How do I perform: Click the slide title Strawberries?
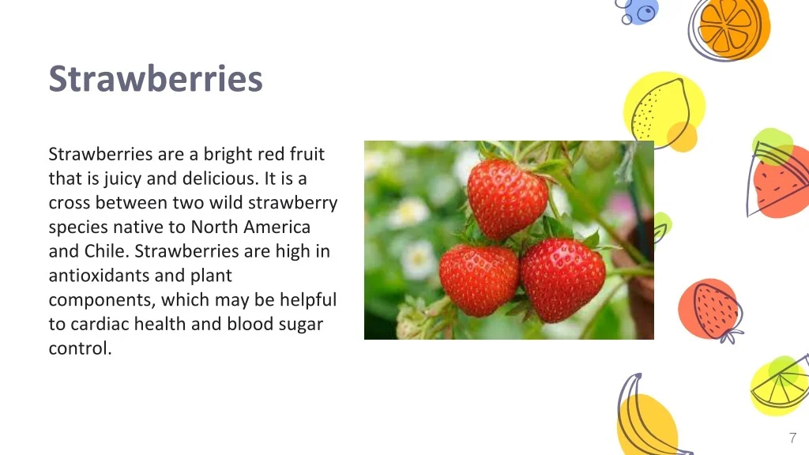pyautogui.click(x=156, y=79)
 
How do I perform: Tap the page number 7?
pyautogui.click(x=792, y=438)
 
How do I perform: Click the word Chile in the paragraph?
pyautogui.click(x=107, y=251)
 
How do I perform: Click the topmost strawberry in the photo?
pyautogui.click(x=507, y=197)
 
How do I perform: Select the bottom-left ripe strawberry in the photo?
pyautogui.click(x=479, y=280)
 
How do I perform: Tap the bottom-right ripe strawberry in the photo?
pyautogui.click(x=563, y=280)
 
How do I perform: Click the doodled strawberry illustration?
pyautogui.click(x=712, y=310)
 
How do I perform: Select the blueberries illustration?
pyautogui.click(x=638, y=11)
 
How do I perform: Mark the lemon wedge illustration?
pyautogui.click(x=780, y=385)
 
